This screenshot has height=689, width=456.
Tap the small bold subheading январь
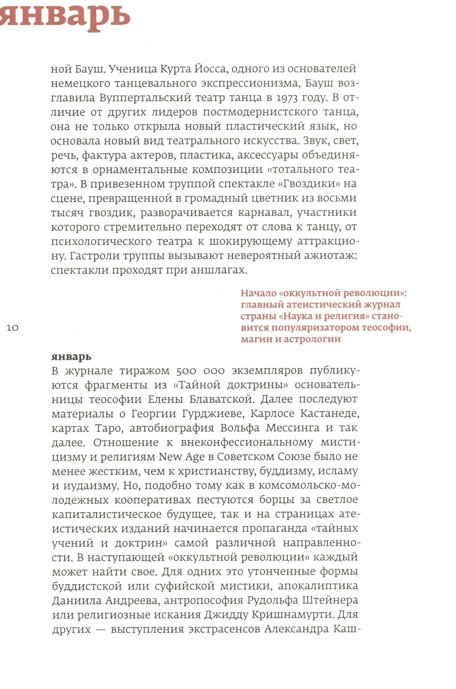(x=72, y=357)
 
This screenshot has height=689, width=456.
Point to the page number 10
(x=13, y=328)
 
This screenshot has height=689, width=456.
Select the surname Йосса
(x=212, y=69)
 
